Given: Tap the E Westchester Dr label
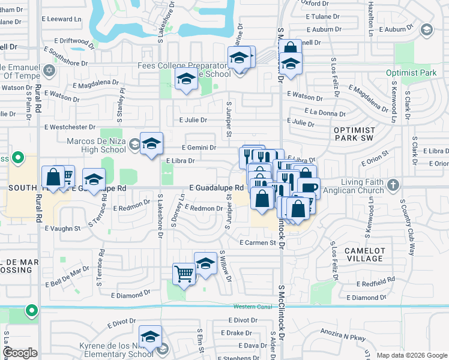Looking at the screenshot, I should coord(70,127).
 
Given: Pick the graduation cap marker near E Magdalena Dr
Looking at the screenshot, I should coord(186,79).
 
